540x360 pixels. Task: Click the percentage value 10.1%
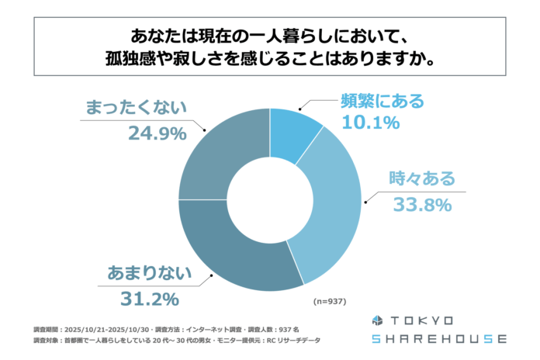[369, 123]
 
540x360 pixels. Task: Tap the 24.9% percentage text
[157, 133]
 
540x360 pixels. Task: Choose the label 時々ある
[421, 178]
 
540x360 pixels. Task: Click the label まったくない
[133, 108]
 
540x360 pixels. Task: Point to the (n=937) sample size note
[329, 301]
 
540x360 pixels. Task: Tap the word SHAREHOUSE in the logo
[438, 338]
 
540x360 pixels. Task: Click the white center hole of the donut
[269, 199]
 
